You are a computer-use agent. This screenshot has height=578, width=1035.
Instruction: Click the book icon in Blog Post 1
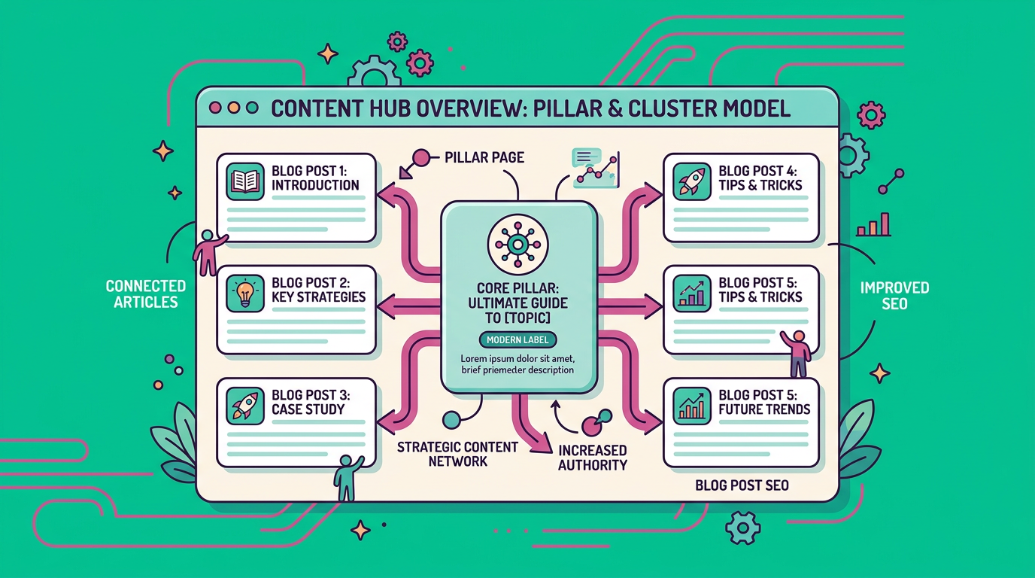tap(245, 181)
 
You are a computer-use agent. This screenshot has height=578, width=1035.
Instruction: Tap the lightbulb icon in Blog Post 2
tap(245, 294)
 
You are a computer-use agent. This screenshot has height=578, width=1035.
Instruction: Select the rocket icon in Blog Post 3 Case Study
tap(245, 406)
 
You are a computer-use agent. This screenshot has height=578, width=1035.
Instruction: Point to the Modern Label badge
tap(517, 339)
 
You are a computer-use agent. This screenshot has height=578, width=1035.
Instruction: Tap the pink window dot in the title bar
tap(215, 108)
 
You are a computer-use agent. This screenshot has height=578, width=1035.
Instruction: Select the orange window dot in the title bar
tap(234, 108)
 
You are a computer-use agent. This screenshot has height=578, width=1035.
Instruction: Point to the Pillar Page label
tap(484, 158)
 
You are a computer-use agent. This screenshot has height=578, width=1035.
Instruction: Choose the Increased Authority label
tap(593, 458)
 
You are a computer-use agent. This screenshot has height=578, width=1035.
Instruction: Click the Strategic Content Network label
tap(457, 454)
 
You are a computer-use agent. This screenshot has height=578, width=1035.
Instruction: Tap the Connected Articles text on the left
tap(146, 294)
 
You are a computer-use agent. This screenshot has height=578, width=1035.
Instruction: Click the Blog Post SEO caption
tap(742, 485)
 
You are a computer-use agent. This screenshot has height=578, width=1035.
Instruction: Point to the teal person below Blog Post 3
tap(347, 476)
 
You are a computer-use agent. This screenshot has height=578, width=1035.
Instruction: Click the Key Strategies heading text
tap(318, 297)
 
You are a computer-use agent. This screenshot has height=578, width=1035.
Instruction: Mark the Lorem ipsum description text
tap(517, 364)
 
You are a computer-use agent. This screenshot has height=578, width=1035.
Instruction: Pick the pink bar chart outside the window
tap(874, 225)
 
